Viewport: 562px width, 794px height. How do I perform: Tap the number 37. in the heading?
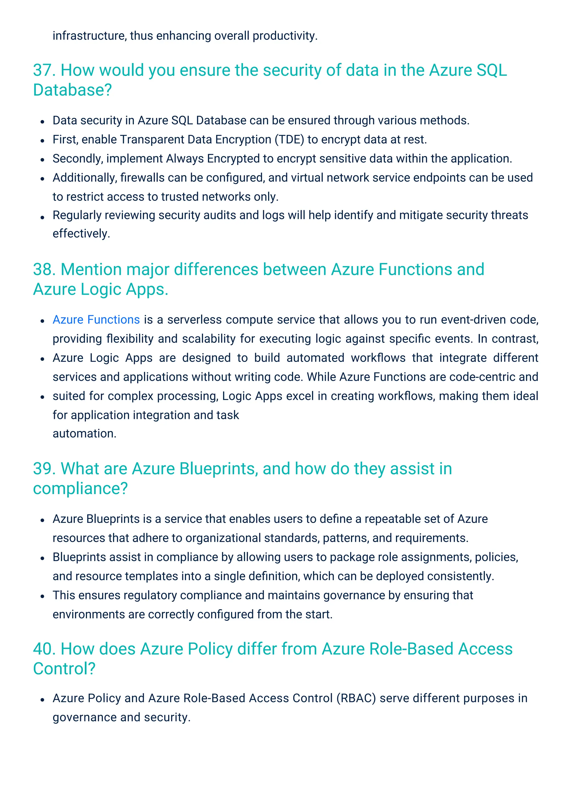click(x=44, y=70)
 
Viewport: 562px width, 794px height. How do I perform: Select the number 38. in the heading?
click(x=44, y=270)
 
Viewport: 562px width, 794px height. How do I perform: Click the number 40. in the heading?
click(x=44, y=649)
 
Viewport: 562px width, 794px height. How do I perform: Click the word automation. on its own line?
click(x=85, y=434)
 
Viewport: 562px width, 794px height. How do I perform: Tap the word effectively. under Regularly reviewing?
click(x=81, y=234)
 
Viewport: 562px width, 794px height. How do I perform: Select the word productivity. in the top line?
click(x=285, y=36)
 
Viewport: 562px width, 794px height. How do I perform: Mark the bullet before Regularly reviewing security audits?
click(x=42, y=217)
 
